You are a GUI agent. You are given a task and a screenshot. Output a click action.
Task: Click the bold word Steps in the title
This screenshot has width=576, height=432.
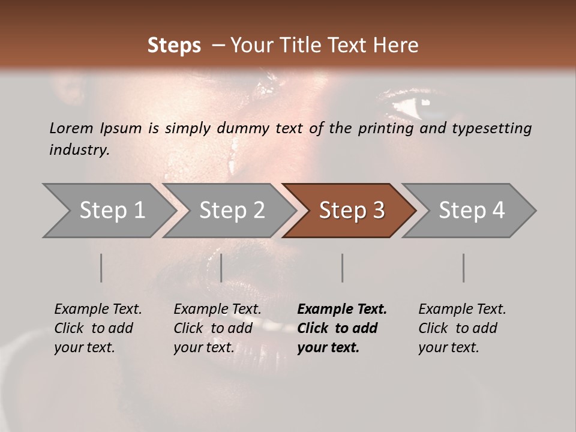pyautogui.click(x=174, y=46)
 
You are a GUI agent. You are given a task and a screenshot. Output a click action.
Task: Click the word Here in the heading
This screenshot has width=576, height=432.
pyautogui.click(x=397, y=46)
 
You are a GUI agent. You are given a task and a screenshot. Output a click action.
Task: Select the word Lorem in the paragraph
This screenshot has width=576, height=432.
pyautogui.click(x=71, y=128)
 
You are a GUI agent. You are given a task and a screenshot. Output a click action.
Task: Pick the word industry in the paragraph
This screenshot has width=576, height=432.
pyautogui.click(x=79, y=150)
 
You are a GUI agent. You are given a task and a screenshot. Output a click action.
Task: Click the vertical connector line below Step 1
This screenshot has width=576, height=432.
pyautogui.click(x=101, y=268)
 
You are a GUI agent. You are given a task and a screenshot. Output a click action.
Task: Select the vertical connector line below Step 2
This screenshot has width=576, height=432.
pyautogui.click(x=221, y=268)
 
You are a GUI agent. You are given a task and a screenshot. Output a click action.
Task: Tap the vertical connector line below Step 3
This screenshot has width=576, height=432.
pyautogui.click(x=342, y=268)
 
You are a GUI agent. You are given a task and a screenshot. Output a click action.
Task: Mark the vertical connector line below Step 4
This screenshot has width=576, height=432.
pyautogui.click(x=463, y=268)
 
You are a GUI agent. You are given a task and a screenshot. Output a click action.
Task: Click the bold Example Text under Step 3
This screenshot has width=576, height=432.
pyautogui.click(x=342, y=310)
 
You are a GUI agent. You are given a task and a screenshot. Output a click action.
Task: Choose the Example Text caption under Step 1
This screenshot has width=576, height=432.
pyautogui.click(x=98, y=310)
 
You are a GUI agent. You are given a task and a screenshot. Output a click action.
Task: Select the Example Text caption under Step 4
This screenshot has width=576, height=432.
pyautogui.click(x=462, y=310)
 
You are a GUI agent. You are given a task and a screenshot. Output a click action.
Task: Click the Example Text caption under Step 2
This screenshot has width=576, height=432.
pyautogui.click(x=217, y=310)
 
